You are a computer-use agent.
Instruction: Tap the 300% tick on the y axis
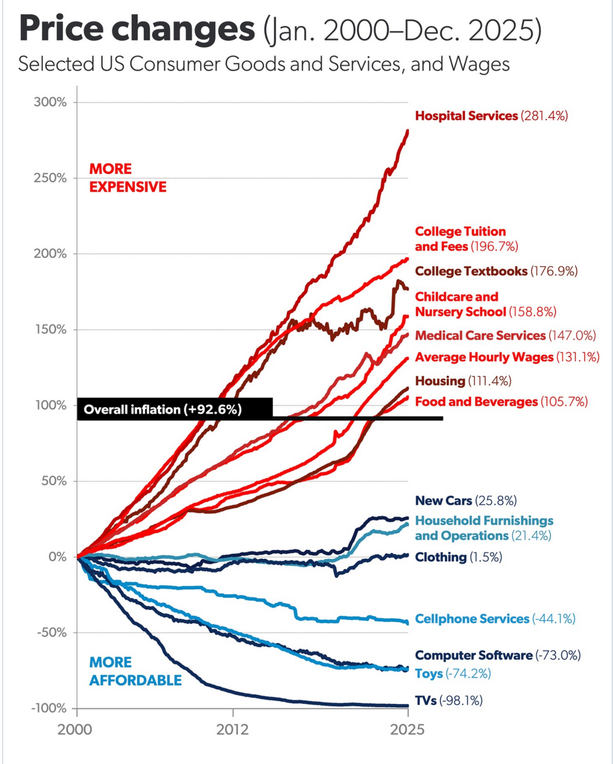50,102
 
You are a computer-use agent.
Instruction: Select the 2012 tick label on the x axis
233,730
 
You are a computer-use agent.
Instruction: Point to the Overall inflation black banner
174,409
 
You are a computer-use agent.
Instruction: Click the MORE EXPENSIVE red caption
128,178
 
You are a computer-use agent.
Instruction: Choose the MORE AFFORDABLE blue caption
135,671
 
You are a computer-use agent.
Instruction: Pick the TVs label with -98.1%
448,700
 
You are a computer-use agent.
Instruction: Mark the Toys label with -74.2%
452,673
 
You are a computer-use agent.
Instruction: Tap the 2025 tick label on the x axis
407,730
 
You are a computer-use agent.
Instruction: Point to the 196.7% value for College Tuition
494,247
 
